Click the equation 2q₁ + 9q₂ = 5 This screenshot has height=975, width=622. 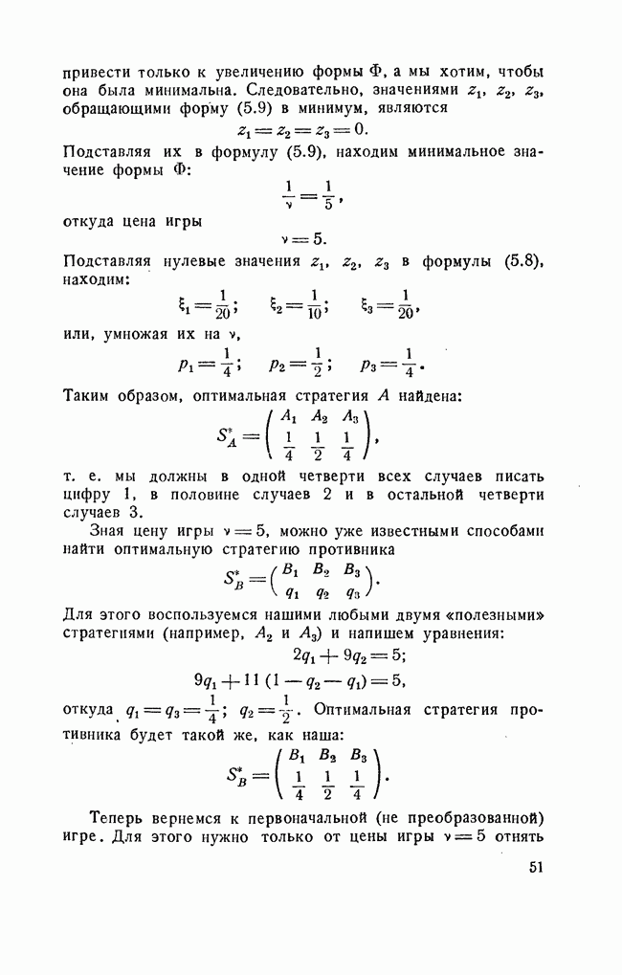tap(349, 656)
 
